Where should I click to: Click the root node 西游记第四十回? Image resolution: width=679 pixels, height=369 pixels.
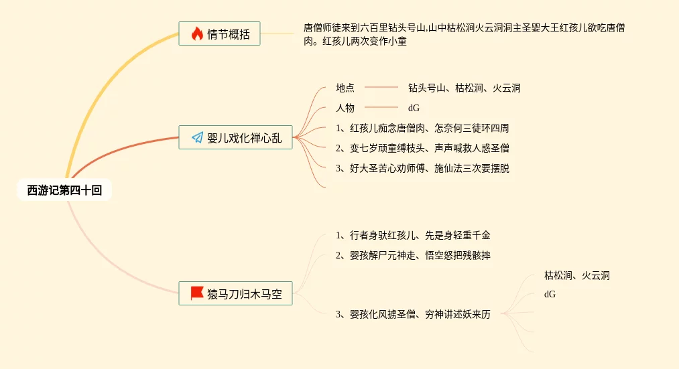[x=64, y=191]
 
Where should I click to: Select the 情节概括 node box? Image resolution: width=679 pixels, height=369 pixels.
[x=219, y=34]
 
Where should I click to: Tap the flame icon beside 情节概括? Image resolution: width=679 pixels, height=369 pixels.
[x=197, y=34]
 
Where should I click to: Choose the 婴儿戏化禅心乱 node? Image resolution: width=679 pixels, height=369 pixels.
[x=235, y=138]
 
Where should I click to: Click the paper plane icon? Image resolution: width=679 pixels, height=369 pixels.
[x=197, y=138]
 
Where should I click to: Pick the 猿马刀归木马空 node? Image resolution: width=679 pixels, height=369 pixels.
[x=235, y=293]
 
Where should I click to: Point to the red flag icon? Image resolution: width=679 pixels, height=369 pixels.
[x=197, y=293]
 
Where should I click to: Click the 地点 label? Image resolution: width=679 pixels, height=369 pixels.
[x=345, y=88]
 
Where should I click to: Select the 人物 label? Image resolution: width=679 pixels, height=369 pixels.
[x=345, y=108]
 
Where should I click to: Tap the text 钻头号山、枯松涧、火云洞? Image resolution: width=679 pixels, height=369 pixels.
[x=464, y=88]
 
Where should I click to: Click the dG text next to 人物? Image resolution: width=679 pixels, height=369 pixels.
[x=414, y=108]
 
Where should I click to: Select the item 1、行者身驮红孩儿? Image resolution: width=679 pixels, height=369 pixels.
[x=414, y=235]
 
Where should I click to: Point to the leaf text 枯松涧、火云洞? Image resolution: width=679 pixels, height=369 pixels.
[x=576, y=275]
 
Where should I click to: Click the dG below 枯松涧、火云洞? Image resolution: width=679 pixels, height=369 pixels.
[x=550, y=294]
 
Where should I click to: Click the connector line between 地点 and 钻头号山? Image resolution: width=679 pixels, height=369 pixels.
[x=381, y=87]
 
